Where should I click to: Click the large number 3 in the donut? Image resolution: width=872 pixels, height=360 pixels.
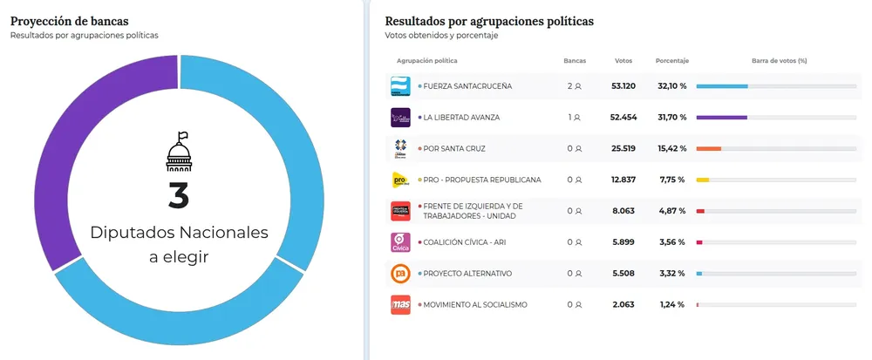(178, 195)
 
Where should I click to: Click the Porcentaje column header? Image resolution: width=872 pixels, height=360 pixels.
(672, 61)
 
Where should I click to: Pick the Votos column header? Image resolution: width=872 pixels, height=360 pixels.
(623, 61)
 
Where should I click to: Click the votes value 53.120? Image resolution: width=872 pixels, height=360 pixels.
(623, 86)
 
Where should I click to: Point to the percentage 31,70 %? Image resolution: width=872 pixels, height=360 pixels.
(671, 117)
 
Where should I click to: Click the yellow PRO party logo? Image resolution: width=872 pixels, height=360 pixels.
(400, 180)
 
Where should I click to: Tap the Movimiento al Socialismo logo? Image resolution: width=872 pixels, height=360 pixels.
(400, 304)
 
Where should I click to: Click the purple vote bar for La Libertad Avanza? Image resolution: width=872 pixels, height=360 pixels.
(721, 117)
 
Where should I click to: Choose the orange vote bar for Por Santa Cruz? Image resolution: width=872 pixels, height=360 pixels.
(708, 148)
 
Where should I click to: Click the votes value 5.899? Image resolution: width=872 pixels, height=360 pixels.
(623, 242)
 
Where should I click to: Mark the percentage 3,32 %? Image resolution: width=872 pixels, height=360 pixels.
(671, 274)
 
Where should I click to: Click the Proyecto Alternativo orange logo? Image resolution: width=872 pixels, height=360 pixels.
(400, 274)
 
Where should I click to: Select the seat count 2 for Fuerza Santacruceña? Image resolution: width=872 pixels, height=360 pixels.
(570, 86)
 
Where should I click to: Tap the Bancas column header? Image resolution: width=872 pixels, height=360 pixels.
(575, 61)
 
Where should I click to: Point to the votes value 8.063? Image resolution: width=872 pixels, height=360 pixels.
(623, 211)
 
